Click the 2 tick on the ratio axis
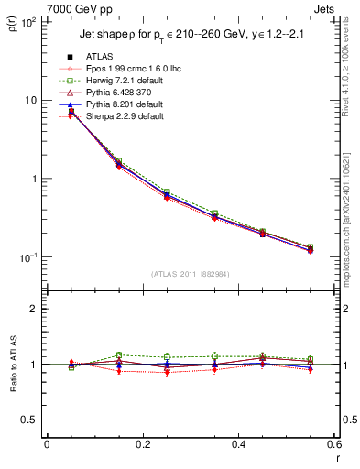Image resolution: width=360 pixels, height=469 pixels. (x=33, y=309)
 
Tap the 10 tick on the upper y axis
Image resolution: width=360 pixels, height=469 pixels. (x=29, y=100)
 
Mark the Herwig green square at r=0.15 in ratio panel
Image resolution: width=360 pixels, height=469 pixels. (x=119, y=355)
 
